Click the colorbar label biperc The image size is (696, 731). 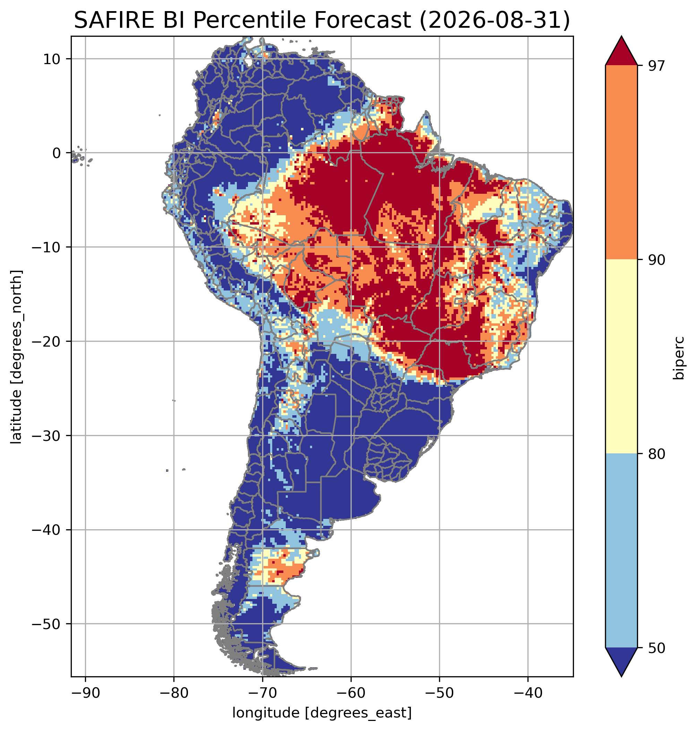pos(679,357)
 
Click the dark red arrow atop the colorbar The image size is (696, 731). pos(621,51)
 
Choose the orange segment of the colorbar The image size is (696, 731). pos(621,163)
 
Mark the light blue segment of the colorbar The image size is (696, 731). pos(621,551)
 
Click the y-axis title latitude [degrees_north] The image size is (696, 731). pos(16,357)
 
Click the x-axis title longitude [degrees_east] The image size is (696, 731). pos(322,713)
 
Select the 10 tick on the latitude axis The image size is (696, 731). pos(52,59)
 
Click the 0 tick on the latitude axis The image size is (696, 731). pos(57,153)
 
